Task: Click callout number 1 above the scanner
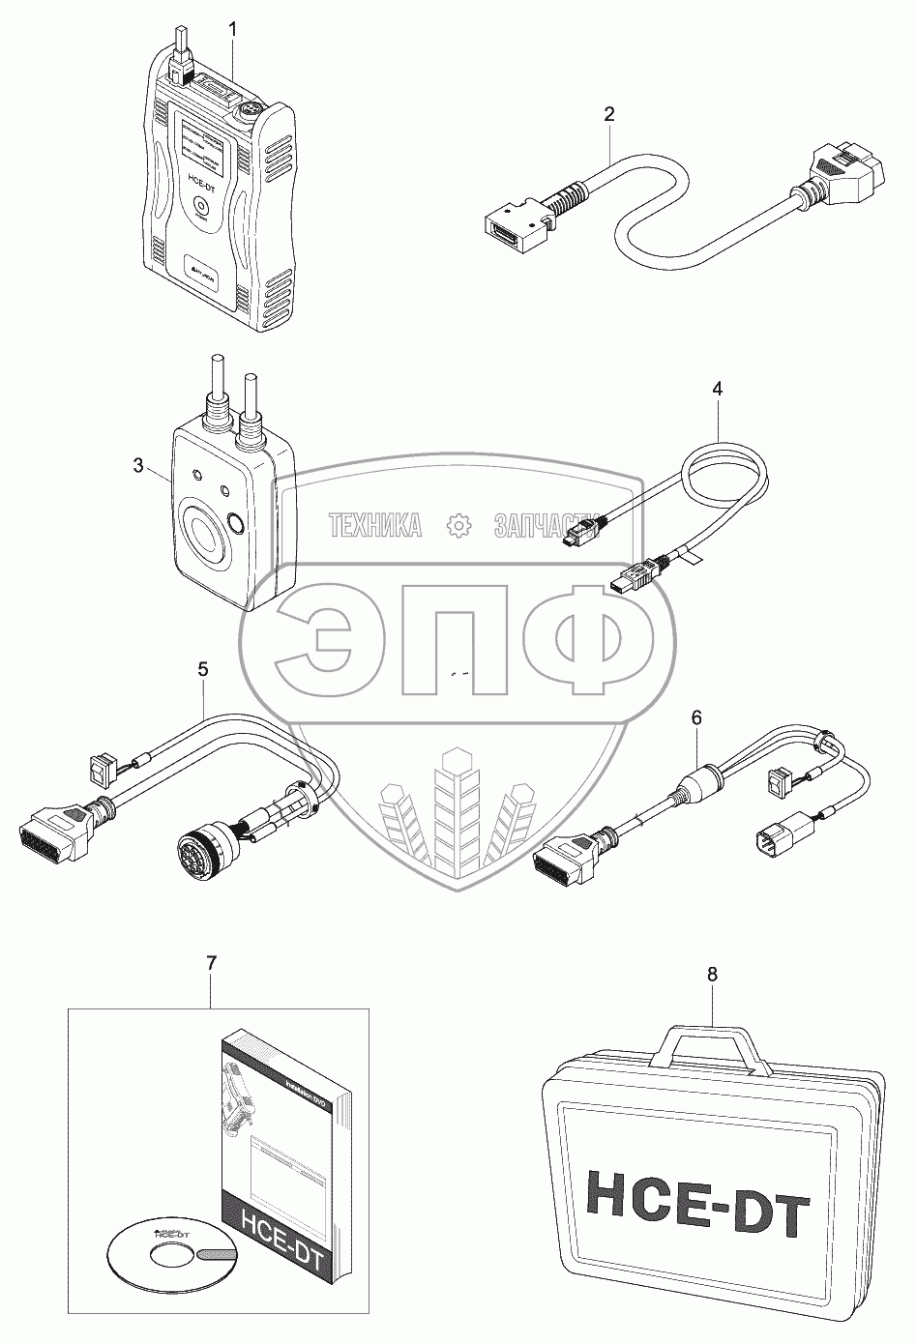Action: point(232,30)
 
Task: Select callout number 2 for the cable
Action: point(608,113)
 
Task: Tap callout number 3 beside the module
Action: point(137,466)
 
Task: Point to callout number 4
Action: point(717,390)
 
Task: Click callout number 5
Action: point(203,668)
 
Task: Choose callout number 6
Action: point(696,717)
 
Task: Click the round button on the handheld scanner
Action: point(201,207)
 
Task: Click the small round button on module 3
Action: point(235,526)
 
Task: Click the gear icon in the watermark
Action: point(457,526)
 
